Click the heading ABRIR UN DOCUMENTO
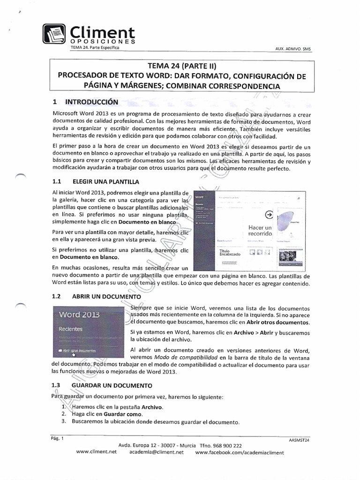(x=106, y=297)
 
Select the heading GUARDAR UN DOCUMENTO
(x=112, y=386)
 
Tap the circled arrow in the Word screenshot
(x=269, y=214)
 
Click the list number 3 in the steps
(x=63, y=422)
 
